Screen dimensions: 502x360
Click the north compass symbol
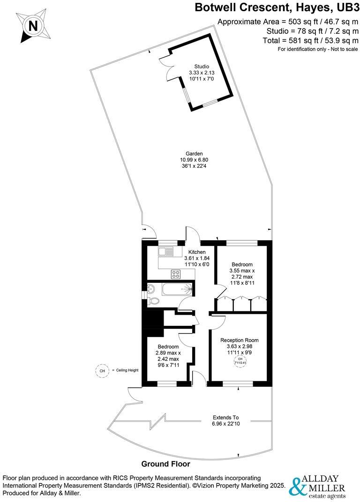[33, 26]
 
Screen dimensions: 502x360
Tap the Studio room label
[202, 66]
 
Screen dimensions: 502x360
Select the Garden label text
[194, 153]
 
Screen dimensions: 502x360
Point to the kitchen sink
[166, 251]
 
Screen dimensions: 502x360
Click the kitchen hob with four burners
[176, 274]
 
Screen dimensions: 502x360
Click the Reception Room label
[239, 340]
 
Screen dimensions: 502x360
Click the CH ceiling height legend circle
[102, 370]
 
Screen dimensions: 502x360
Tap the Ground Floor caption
[165, 464]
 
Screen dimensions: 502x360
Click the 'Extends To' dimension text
[225, 417]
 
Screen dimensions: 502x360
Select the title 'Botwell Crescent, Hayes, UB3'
[274, 7]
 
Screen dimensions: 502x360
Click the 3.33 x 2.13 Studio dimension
[202, 73]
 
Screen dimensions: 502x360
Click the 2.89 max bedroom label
[168, 353]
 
